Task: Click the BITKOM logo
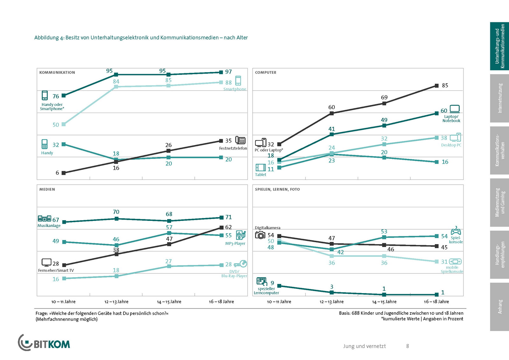pos(44,343)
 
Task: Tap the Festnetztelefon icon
pos(240,140)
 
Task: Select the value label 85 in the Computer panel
pos(445,86)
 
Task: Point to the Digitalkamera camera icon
pos(260,235)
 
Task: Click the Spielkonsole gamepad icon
pos(456,231)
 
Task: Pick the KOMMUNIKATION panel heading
pos(57,73)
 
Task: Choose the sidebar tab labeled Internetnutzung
pos(499,98)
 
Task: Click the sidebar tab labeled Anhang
pos(499,307)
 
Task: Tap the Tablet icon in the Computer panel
pos(261,167)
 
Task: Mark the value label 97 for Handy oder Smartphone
pos(228,72)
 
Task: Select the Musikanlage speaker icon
pos(45,219)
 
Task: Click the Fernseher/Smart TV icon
pos(46,263)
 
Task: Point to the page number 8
pos(408,346)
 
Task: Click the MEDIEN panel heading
pos(47,189)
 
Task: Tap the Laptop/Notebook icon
pos(455,109)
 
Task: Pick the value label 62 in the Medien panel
pos(228,227)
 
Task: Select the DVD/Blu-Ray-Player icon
pos(241,264)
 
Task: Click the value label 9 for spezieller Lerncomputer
pos(272,283)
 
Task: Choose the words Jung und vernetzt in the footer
pos(364,346)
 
